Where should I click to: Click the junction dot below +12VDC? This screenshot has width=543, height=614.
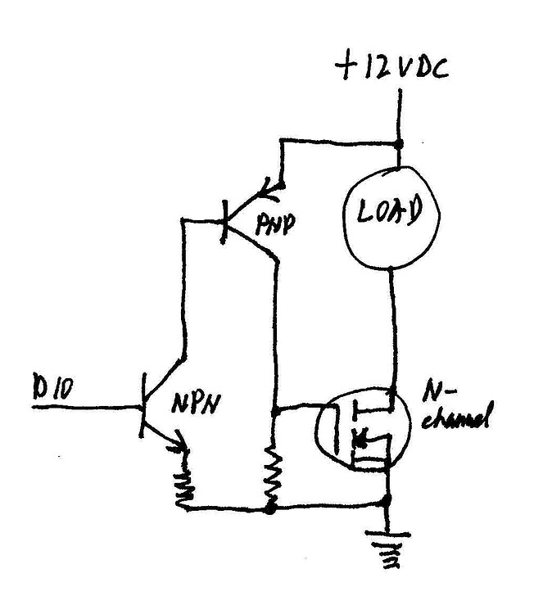[400, 144]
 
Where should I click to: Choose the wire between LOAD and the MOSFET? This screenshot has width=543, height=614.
[393, 327]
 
